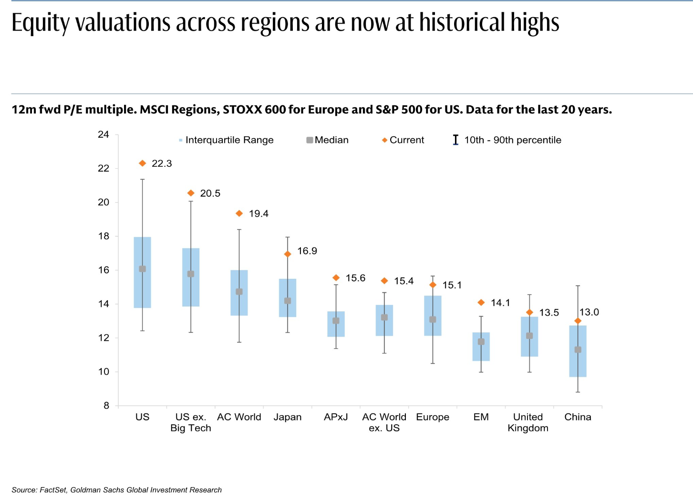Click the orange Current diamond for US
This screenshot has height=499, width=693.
pos(142,163)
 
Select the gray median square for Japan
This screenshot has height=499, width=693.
pos(288,301)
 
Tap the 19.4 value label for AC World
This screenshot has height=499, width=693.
pos(259,214)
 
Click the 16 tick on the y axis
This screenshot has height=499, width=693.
pos(103,270)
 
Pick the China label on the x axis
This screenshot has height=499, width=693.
pos(578,417)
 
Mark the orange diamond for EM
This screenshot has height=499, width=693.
pos(481,303)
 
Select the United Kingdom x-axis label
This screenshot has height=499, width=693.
pos(528,422)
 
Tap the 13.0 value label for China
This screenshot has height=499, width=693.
pos(589,312)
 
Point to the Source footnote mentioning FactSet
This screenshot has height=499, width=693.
pos(117,490)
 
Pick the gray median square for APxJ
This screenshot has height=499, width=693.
pos(336,321)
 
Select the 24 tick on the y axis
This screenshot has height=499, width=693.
pos(103,135)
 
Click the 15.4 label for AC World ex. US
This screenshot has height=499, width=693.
pos(403,281)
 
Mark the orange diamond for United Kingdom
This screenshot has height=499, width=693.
pos(529,313)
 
